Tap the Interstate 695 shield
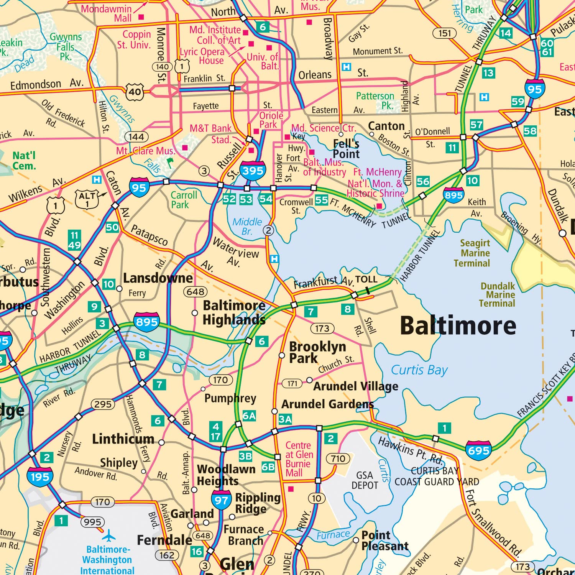478,450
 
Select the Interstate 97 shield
221,499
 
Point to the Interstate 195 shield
40,476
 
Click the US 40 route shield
135,92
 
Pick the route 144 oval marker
136,137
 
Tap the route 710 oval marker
338,458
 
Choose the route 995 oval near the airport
92,522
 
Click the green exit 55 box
321,200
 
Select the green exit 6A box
249,416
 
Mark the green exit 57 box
476,125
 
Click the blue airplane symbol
109,535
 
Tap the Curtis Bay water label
419,370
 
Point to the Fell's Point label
346,149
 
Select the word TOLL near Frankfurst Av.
366,279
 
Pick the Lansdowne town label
158,278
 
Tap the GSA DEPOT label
365,480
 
